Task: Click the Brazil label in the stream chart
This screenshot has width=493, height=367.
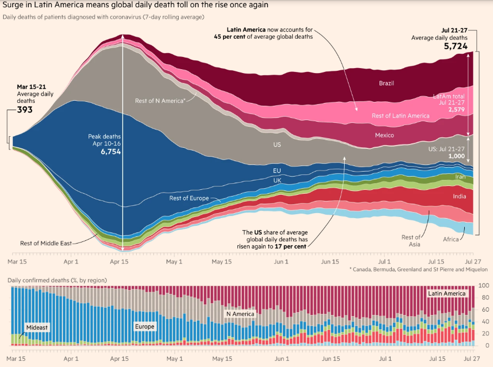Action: (x=386, y=84)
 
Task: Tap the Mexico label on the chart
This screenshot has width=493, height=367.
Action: (x=384, y=135)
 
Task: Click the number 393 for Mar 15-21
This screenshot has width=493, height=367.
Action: (x=25, y=110)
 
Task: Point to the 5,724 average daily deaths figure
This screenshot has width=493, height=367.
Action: (x=455, y=46)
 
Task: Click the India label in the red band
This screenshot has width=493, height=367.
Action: (x=459, y=196)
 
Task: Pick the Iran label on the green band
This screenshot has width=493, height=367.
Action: (x=460, y=176)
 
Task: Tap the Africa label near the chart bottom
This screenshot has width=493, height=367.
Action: (x=451, y=239)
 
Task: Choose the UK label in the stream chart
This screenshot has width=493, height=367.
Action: (x=277, y=180)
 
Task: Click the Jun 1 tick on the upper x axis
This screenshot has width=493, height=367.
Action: (x=282, y=262)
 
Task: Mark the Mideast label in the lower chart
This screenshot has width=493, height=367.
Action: (x=37, y=327)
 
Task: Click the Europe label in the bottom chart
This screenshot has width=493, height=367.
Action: (x=145, y=327)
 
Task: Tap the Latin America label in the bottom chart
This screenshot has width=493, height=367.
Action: (x=447, y=293)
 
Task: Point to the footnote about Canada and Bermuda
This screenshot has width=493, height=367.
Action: (x=418, y=270)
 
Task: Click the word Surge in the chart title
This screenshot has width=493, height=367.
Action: (x=14, y=5)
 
